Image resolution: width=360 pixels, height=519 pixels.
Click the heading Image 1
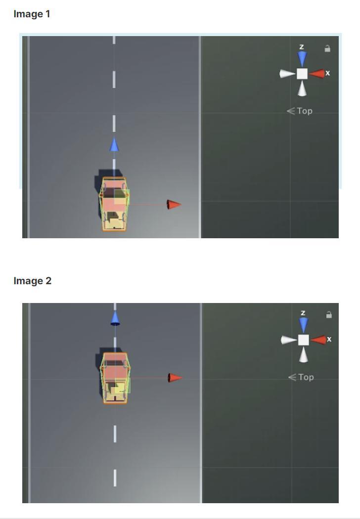[x=32, y=14]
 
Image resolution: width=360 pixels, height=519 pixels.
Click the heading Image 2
[x=33, y=281]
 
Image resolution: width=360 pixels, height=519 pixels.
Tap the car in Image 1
[x=114, y=204]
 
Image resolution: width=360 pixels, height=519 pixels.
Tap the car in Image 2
[x=115, y=378]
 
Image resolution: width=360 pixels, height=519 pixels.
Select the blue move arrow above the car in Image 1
[x=114, y=145]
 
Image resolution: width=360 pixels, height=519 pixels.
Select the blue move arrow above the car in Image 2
[x=115, y=318]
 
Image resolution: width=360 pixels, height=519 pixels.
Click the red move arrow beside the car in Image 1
[x=174, y=204]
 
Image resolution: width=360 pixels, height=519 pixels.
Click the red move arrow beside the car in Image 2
[x=175, y=378]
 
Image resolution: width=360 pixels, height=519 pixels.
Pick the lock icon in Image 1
[x=327, y=48]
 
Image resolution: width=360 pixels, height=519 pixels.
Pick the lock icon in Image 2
[x=329, y=314]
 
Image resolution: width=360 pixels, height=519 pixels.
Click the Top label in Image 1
[x=304, y=111]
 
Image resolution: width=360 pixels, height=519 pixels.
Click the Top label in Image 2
[x=306, y=377]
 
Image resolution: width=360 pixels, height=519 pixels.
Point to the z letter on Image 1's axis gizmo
[x=301, y=46]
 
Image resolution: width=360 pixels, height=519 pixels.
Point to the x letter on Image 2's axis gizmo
[x=329, y=339]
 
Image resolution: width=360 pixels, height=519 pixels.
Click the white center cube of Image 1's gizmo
[x=302, y=74]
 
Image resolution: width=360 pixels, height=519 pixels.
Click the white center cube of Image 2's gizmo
[x=303, y=340]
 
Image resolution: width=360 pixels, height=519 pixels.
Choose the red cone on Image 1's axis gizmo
[x=317, y=74]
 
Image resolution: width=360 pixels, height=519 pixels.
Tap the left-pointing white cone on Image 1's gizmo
[x=287, y=74]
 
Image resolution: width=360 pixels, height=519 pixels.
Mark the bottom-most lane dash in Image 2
[x=115, y=478]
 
